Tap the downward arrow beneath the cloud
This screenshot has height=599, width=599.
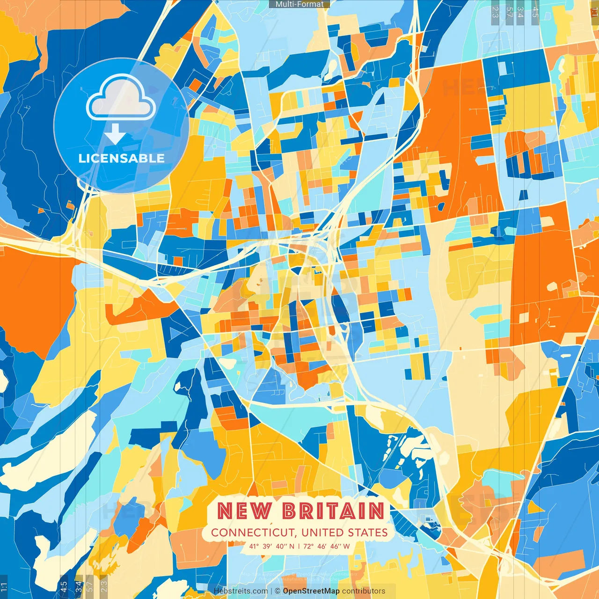click(115, 135)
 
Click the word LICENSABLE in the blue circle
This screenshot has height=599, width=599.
click(121, 158)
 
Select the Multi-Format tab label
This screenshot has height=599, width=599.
click(299, 4)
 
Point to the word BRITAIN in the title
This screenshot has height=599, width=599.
click(333, 511)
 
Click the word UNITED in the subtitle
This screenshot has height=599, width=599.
click(323, 533)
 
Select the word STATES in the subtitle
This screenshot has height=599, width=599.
click(368, 533)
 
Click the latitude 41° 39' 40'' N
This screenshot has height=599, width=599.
click(272, 546)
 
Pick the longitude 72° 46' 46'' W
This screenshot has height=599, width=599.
click(327, 546)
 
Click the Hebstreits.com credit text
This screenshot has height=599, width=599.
click(241, 591)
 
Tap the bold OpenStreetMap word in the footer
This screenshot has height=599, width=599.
click(311, 591)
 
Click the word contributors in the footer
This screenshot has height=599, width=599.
click(364, 591)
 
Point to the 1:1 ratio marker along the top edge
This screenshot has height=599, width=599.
click(594, 10)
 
